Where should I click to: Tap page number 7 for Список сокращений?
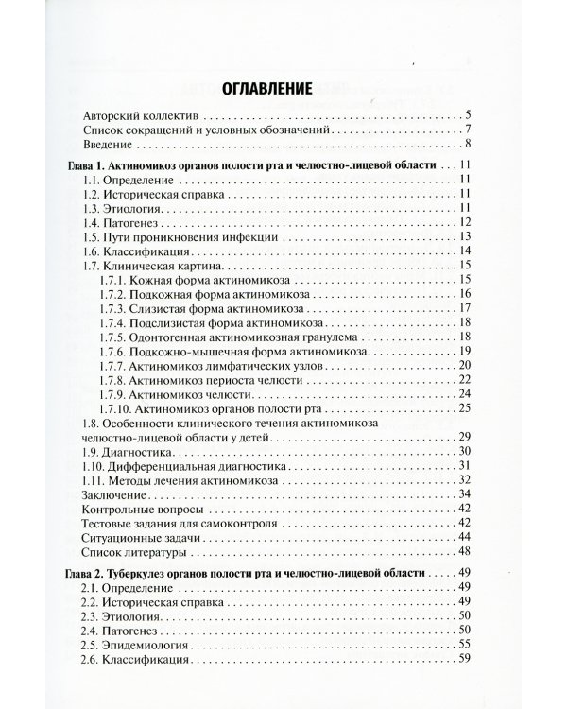(x=467, y=130)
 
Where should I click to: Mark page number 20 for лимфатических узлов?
(x=464, y=365)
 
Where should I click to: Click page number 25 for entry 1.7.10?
(x=464, y=407)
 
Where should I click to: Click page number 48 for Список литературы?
(x=464, y=551)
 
